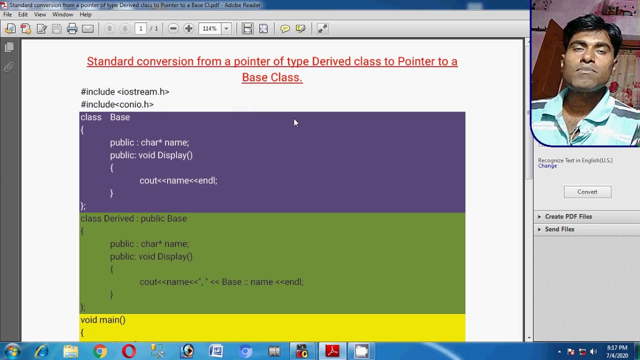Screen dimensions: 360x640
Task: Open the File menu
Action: coord(7,14)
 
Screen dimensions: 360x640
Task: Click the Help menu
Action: coord(85,14)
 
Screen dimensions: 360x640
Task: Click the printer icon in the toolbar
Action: coord(72,28)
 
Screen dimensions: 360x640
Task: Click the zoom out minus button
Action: coord(173,28)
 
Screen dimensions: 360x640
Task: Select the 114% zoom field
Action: coord(209,28)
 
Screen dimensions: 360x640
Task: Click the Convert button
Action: coord(587,192)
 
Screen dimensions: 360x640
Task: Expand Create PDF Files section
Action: coord(568,216)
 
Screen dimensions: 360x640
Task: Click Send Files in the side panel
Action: coord(559,229)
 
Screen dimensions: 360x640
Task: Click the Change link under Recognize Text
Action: coord(547,166)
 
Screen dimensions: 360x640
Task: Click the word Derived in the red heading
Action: coord(331,61)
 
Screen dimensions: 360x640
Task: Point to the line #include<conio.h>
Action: coord(117,104)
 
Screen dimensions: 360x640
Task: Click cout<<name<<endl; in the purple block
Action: coord(178,180)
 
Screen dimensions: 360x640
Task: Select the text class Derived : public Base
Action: coord(133,218)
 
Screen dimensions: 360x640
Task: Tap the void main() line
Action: coord(103,320)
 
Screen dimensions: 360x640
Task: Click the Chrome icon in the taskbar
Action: coord(100,351)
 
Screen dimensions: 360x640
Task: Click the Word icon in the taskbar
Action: coord(216,351)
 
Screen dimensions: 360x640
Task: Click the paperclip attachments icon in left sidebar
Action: coord(9,67)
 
